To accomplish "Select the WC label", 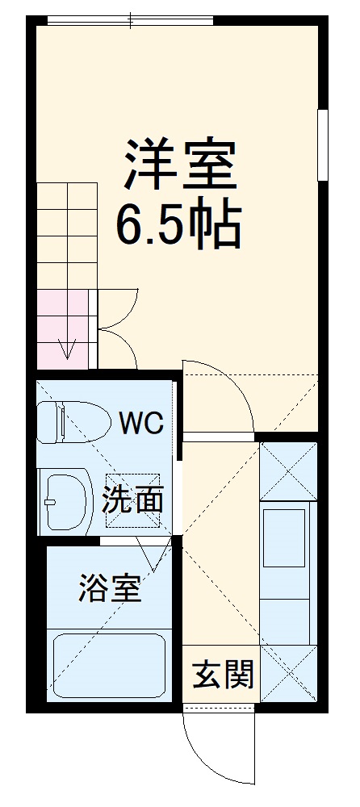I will [x=142, y=421].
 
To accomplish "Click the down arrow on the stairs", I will [x=69, y=349].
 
